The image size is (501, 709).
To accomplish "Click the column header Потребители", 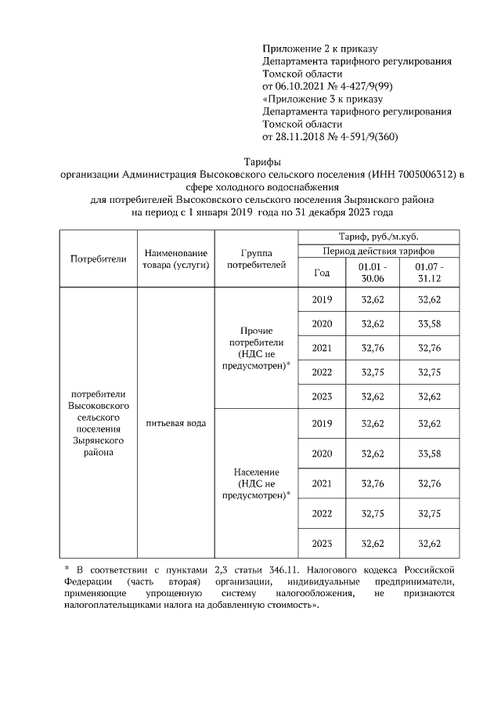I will click(99, 259).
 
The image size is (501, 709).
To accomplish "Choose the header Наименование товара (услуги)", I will click(175, 259).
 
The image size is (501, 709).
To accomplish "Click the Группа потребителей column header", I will click(256, 259).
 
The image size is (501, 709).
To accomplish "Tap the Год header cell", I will click(322, 273).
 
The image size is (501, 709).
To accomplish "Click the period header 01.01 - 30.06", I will click(372, 273).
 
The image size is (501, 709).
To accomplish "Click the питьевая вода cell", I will click(175, 424).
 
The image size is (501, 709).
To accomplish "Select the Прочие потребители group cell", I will click(256, 348).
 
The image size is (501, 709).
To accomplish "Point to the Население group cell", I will click(256, 483).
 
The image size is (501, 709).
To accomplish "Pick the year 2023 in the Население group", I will click(322, 544).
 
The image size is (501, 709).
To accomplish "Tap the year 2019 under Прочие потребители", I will click(322, 300).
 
